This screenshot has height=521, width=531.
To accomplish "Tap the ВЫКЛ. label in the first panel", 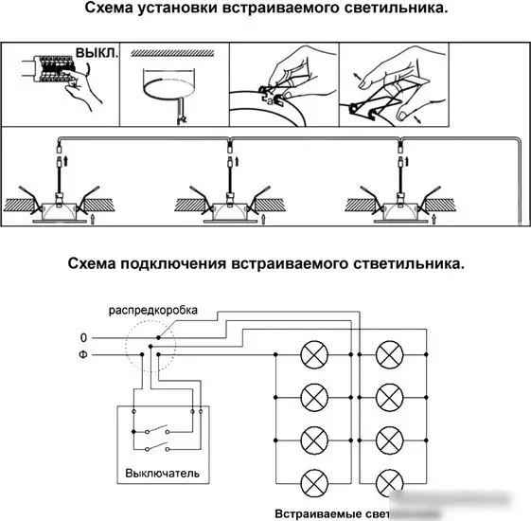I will coord(98,54).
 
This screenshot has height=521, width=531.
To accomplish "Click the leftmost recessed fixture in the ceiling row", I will coord(59,207).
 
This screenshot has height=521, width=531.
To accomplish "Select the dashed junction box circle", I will coord(153,346).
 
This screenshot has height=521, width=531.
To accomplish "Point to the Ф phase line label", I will coord(83,356).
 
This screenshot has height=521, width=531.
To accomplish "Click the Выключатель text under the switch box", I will coord(162,472).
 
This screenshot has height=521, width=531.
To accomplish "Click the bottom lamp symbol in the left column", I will coord(312,480).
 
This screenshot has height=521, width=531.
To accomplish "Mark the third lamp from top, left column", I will coord(312,439).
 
